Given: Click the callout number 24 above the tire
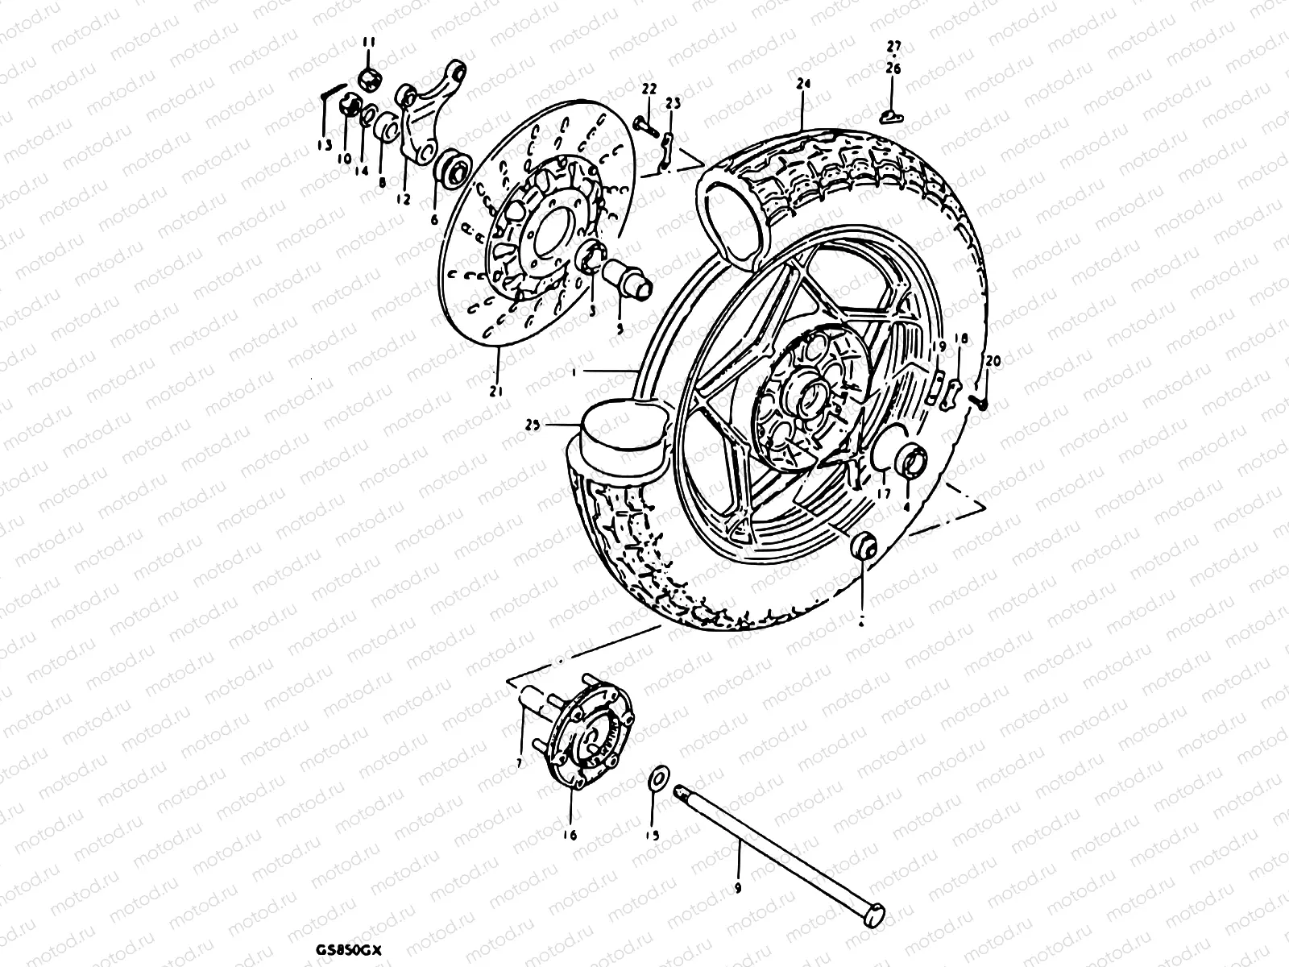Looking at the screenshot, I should pyautogui.click(x=802, y=83).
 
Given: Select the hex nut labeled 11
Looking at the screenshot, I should pyautogui.click(x=369, y=79).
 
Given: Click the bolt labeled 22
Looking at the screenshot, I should pyautogui.click(x=641, y=123).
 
